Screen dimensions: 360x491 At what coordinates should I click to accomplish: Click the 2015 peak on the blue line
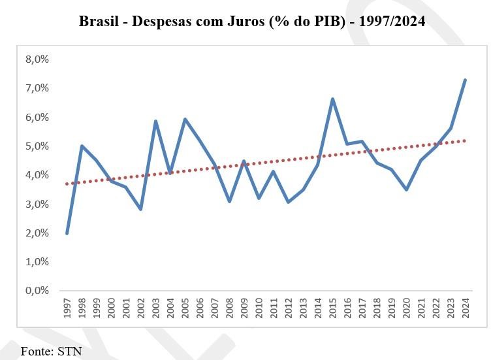[332, 99]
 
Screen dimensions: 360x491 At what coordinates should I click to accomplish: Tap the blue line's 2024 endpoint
[465, 80]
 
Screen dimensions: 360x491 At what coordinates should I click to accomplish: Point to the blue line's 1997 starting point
[67, 233]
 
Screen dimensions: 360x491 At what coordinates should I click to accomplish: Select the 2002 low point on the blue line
[140, 209]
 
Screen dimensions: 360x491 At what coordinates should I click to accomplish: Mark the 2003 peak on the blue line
[155, 121]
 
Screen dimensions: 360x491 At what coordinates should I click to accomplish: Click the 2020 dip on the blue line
[406, 189]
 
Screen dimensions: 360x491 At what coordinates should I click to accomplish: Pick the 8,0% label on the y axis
[37, 59]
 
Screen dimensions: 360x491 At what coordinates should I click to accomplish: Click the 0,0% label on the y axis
[37, 290]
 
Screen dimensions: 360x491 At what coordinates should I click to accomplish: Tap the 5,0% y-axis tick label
[37, 146]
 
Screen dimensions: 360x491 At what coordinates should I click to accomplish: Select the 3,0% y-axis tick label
[37, 204]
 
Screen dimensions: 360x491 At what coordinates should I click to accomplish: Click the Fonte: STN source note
[51, 351]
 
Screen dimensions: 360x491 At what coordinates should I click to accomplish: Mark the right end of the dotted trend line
[465, 140]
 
